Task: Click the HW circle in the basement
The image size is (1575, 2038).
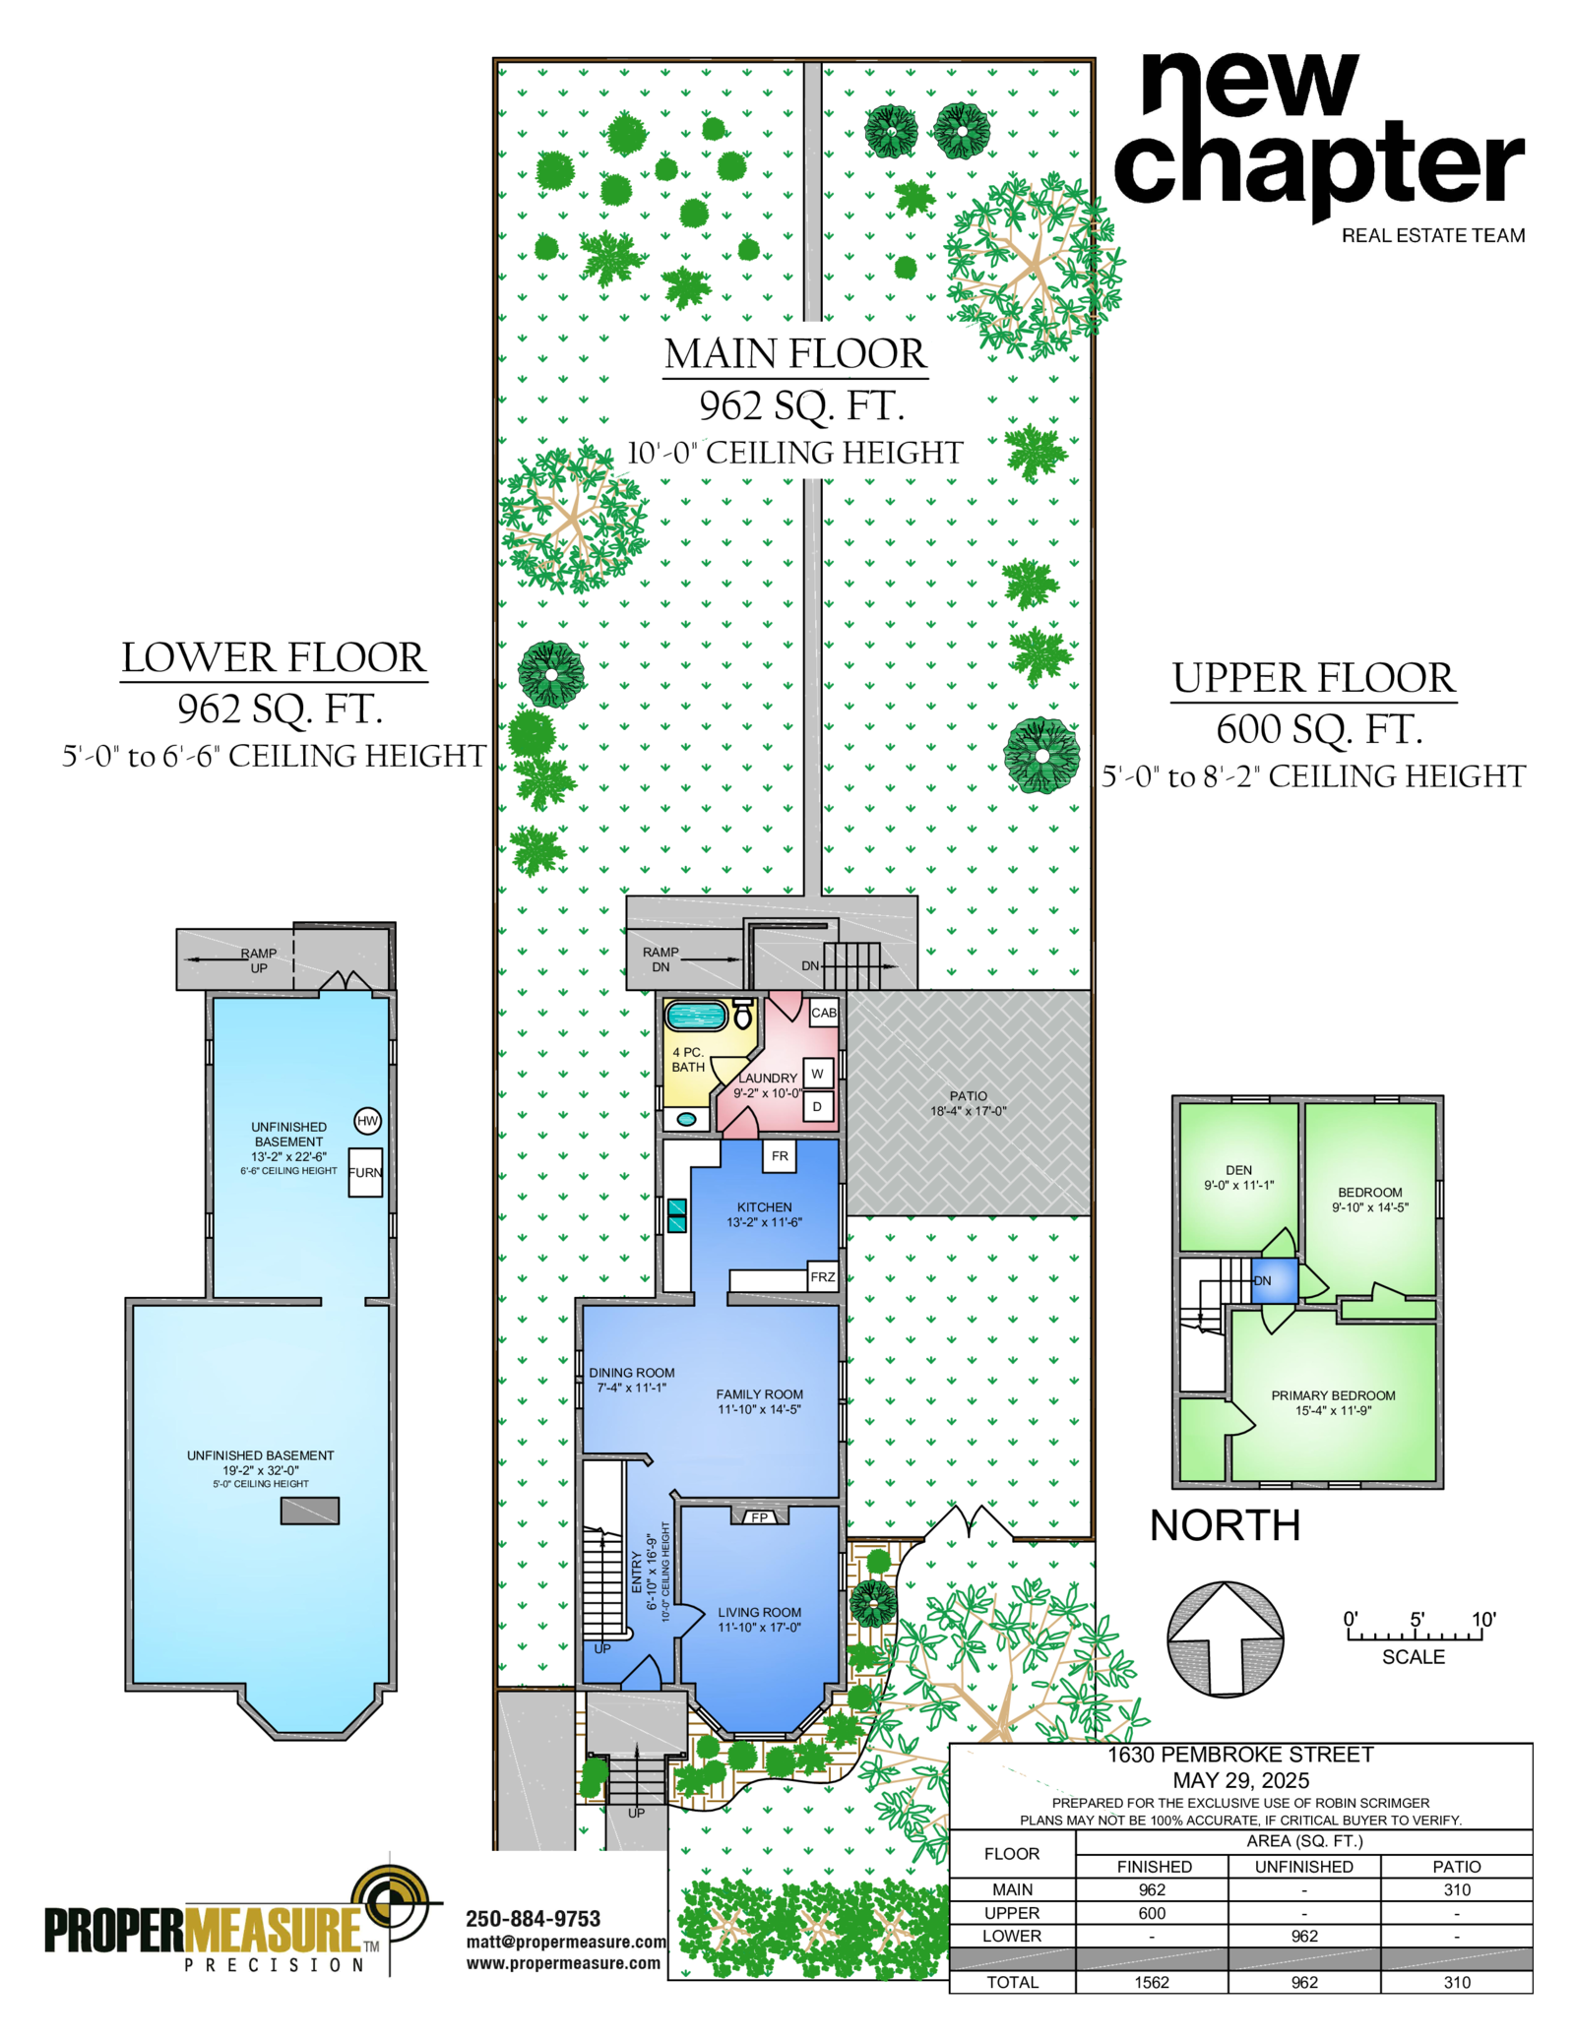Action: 367,1120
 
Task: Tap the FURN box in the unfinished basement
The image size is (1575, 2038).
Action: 365,1172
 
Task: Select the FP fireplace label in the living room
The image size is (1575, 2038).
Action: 759,1517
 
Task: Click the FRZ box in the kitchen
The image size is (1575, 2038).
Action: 822,1276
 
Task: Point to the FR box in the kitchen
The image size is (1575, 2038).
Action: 780,1156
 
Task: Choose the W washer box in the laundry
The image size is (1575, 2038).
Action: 817,1073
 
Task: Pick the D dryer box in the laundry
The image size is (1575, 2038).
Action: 817,1106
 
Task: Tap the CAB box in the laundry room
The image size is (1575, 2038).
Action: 824,1012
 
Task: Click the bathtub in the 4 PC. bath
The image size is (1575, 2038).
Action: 696,1015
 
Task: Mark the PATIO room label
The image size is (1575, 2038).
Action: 969,1103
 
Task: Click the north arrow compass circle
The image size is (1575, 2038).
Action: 1226,1639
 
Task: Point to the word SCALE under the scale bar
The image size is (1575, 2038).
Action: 1414,1657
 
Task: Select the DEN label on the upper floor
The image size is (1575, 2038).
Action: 1238,1170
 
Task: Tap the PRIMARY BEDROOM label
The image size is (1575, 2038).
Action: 1333,1395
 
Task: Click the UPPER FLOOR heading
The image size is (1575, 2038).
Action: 1313,678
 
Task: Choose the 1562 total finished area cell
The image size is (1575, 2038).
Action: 1152,1982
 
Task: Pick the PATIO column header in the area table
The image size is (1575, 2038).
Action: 1457,1867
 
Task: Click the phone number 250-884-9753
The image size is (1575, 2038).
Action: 533,1919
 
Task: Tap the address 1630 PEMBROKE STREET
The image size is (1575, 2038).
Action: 1240,1755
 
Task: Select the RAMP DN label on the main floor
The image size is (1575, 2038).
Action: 661,959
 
